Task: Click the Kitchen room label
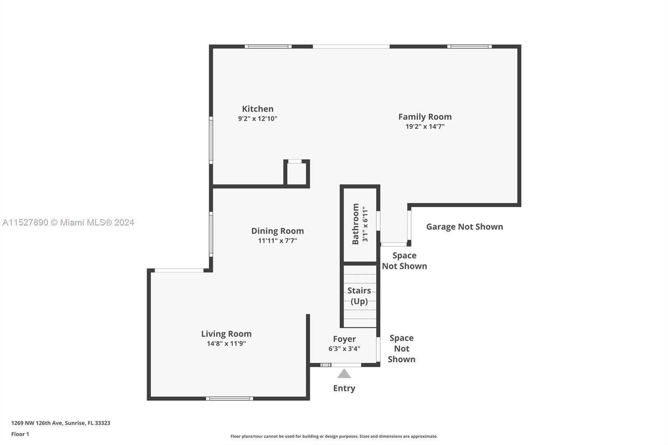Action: (x=258, y=109)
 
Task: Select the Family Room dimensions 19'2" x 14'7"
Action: (x=425, y=126)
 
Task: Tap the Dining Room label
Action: (x=277, y=231)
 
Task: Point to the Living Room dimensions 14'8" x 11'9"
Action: (x=226, y=344)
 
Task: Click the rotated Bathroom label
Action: (x=355, y=224)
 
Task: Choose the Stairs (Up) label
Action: (x=359, y=296)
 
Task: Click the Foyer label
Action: (x=344, y=339)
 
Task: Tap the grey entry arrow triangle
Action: (x=344, y=374)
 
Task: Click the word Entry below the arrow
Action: (x=344, y=388)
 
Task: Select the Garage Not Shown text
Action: (x=465, y=227)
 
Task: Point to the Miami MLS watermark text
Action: (x=68, y=222)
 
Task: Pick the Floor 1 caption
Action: (x=20, y=434)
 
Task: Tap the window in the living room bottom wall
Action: (x=229, y=399)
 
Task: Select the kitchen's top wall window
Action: (x=268, y=46)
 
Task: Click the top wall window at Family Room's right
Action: (x=469, y=46)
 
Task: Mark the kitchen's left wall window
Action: (x=211, y=140)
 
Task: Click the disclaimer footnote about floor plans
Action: (x=334, y=436)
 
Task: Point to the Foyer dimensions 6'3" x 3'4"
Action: (x=344, y=349)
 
